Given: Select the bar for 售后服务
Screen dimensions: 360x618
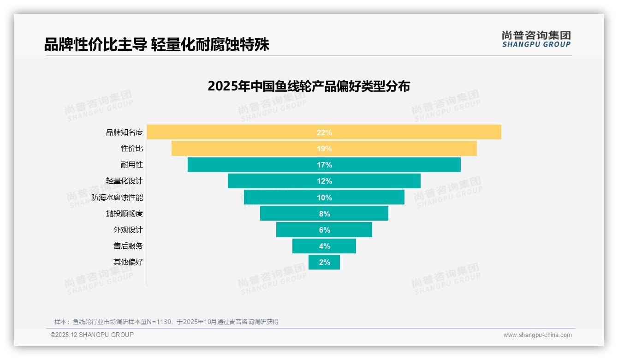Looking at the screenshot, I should click(304, 246).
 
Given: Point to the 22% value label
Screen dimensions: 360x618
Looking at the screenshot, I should click(324, 132).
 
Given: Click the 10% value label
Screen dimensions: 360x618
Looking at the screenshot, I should click(324, 198).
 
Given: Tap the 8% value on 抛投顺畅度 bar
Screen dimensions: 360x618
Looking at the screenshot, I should click(324, 214).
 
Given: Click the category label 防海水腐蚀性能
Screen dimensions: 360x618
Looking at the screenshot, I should click(117, 198).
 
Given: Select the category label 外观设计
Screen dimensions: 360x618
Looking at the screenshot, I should click(128, 230).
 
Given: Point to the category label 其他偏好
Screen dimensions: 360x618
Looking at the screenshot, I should click(128, 262).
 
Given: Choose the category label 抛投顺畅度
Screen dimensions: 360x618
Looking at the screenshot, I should click(125, 214).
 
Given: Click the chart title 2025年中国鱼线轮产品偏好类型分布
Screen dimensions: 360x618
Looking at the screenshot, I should click(309, 86).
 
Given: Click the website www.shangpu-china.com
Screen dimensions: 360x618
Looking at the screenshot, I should click(537, 335).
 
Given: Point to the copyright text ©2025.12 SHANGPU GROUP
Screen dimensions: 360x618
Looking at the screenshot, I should click(92, 335).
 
